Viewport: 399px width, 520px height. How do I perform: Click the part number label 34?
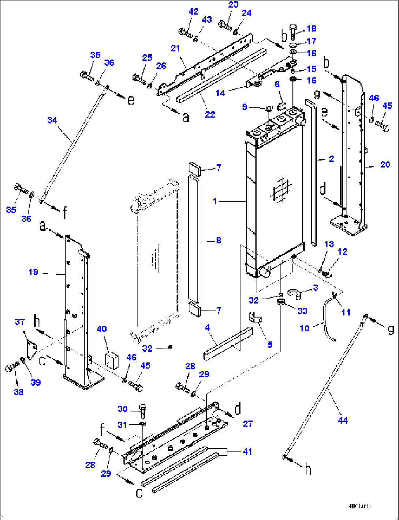pos(52,120)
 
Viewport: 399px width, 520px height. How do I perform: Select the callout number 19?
pos(33,272)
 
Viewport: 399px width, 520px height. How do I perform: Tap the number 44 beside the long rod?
pos(343,421)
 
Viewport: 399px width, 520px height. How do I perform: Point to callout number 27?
pos(248,424)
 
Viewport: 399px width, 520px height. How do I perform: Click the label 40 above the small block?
pos(101,329)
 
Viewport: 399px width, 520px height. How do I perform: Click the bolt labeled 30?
pos(142,411)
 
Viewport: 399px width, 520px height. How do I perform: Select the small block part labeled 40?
pos(111,359)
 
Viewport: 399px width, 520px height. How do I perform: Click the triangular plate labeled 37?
pos(31,350)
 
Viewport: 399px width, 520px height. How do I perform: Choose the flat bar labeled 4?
pos(228,344)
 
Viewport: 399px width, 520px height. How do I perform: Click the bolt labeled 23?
pos(224,26)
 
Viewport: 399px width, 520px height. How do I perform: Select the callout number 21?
pos(176,48)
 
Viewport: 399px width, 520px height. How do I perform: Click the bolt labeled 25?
pos(139,79)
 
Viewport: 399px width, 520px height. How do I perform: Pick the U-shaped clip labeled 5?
pos(256,317)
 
